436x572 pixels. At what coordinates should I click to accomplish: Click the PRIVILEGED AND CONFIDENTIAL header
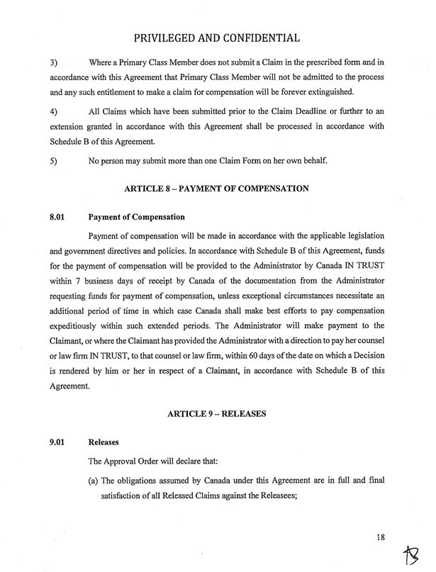217,36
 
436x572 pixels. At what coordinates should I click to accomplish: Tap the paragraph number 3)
54,64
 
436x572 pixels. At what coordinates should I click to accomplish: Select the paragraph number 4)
54,113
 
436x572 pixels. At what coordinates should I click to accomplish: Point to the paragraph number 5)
54,162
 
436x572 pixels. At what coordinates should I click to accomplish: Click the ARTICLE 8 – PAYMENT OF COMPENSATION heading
217,189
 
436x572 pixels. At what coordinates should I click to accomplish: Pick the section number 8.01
57,217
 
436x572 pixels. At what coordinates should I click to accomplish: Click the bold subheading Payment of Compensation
136,217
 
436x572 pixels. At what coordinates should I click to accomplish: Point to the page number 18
382,537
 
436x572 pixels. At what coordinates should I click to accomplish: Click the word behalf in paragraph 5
313,162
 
